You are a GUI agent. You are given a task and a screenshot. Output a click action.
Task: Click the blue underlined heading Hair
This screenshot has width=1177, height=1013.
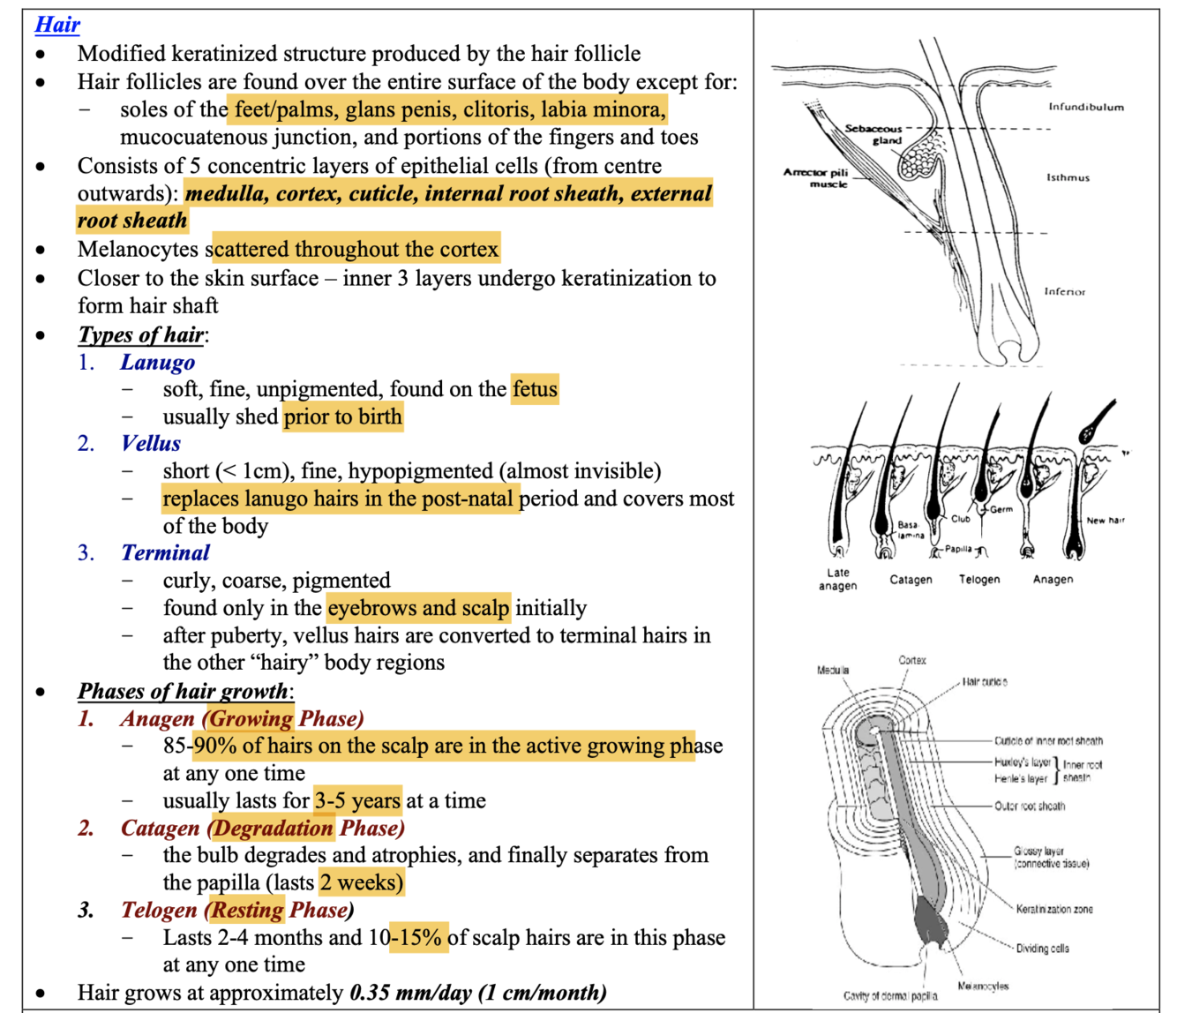(x=57, y=25)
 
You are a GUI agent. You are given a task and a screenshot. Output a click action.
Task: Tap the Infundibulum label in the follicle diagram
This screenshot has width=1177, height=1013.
(x=1085, y=107)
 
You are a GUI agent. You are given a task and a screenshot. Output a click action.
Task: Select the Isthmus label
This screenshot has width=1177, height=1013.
(x=1068, y=177)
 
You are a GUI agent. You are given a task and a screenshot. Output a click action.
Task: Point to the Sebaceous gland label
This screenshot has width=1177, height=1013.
(x=873, y=134)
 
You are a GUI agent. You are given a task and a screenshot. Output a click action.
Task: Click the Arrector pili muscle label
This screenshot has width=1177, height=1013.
(x=815, y=177)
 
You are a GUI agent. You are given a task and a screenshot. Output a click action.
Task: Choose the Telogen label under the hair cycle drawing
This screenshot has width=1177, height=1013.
(x=979, y=580)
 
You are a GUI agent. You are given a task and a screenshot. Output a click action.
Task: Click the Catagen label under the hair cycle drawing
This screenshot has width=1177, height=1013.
(x=911, y=580)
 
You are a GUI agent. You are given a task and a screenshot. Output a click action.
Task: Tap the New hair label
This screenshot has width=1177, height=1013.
(x=1106, y=521)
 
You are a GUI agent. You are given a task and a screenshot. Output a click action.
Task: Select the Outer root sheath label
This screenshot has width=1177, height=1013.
(x=1030, y=806)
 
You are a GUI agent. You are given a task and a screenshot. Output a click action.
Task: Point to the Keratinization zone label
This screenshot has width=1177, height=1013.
(x=1053, y=909)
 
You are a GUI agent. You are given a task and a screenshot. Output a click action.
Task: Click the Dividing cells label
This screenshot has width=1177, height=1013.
(x=1042, y=949)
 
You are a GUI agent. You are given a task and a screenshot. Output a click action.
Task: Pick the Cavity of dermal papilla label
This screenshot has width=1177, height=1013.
(x=890, y=995)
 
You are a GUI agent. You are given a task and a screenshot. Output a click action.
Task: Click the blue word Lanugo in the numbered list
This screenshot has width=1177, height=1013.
(x=157, y=362)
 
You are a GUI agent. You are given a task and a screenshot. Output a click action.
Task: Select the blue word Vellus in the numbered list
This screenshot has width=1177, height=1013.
(x=151, y=443)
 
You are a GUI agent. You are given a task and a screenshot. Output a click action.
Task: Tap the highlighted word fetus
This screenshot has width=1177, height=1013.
(x=535, y=389)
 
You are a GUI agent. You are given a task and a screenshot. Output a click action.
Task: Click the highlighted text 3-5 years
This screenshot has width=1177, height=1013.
(x=357, y=800)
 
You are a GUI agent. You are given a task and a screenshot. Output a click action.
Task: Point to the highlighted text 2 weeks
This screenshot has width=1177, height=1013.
(x=361, y=882)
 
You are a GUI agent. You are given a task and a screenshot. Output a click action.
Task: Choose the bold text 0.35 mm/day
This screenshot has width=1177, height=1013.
(x=410, y=993)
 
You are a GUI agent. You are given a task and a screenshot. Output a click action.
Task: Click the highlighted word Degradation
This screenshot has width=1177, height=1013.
(x=272, y=828)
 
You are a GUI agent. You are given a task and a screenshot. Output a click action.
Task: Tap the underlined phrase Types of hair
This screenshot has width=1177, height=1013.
(x=141, y=334)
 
